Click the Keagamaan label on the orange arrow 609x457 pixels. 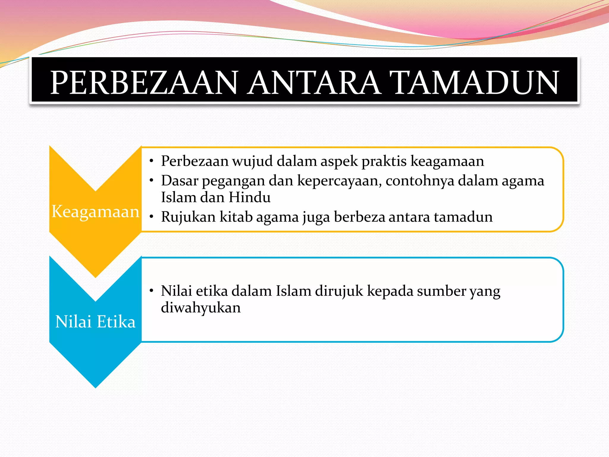[x=95, y=212]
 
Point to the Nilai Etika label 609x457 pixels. [x=95, y=322]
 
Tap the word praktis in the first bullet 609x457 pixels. [x=384, y=161]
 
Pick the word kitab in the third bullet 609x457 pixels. [x=236, y=217]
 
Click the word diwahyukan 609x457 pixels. [x=201, y=307]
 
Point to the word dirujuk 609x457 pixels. [x=339, y=291]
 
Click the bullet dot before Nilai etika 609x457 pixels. [x=152, y=290]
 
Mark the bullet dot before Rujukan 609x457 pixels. [x=152, y=217]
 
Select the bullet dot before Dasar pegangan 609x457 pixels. [x=152, y=180]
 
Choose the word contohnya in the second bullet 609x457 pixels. [x=420, y=181]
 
